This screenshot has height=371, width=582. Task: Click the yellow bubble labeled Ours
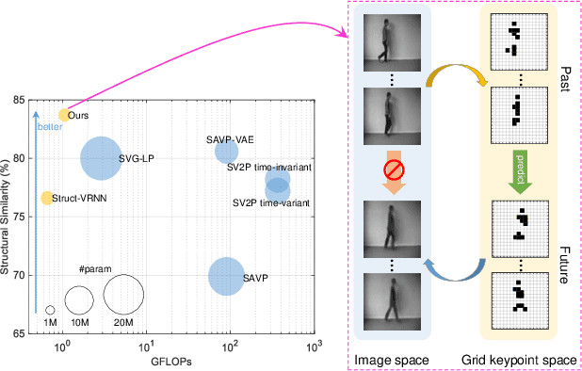point(64,115)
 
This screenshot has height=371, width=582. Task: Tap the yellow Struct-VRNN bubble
point(46,198)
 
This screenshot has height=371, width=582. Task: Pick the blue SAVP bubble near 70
point(226,277)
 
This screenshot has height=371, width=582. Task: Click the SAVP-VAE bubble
point(227,151)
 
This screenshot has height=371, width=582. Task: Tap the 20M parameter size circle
point(123,294)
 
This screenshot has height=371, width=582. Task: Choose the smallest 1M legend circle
point(50,310)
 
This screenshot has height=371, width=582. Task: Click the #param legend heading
point(95,270)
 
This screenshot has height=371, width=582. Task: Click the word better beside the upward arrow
point(48,126)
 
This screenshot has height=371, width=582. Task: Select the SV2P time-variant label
point(272,202)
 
